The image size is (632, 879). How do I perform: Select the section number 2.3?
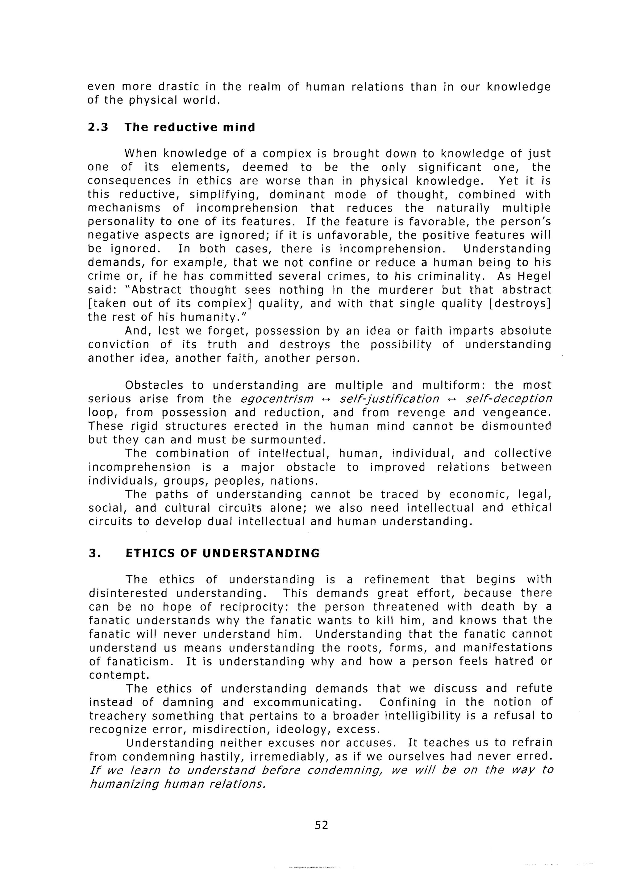pyautogui.click(x=98, y=127)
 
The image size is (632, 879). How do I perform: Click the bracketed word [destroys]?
pyautogui.click(x=520, y=304)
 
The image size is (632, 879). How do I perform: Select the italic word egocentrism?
pyautogui.click(x=277, y=399)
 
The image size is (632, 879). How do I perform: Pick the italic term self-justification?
pyautogui.click(x=389, y=399)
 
